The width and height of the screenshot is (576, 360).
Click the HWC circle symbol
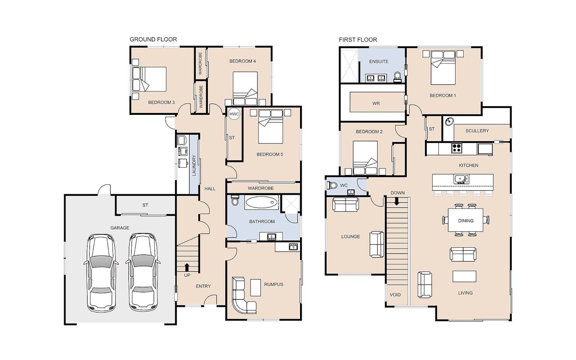click(234, 114)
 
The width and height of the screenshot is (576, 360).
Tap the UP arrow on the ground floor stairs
click(187, 267)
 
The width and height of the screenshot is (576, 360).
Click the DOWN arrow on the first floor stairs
click(397, 201)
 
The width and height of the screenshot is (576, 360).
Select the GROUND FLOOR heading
click(153, 39)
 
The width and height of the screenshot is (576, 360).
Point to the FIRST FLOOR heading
click(358, 40)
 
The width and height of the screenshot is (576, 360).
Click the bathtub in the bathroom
click(261, 202)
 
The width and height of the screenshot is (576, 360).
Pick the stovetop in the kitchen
click(457, 148)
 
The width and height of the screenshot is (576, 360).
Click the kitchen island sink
click(461, 179)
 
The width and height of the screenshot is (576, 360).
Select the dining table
click(465, 220)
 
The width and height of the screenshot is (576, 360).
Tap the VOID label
click(395, 295)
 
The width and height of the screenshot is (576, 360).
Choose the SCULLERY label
click(477, 131)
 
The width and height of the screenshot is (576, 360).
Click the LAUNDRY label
click(194, 165)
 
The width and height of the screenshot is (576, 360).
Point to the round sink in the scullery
click(450, 121)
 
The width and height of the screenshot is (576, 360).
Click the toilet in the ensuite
click(397, 76)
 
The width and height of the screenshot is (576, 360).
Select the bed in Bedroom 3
click(149, 79)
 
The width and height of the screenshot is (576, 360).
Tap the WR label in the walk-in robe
click(376, 104)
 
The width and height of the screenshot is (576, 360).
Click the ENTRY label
click(203, 286)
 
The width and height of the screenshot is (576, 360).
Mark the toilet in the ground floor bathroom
click(235, 200)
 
